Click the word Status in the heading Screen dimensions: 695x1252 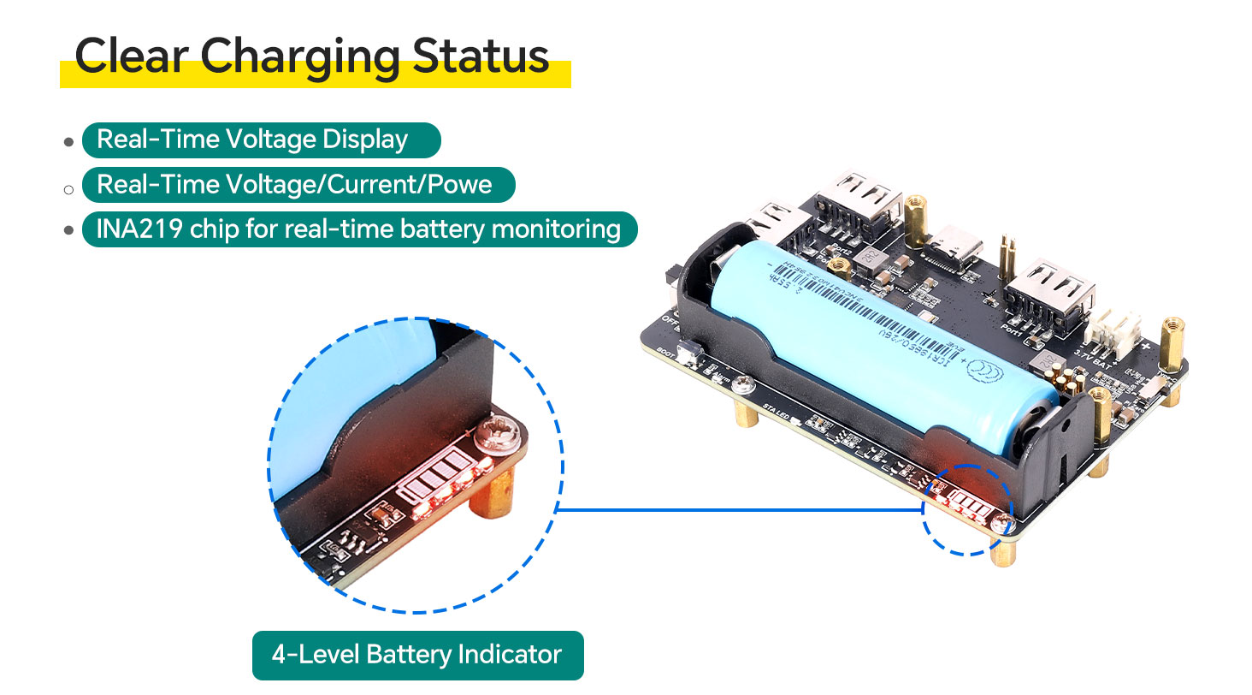click(x=481, y=56)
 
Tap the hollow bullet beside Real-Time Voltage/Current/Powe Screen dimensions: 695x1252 click(x=69, y=187)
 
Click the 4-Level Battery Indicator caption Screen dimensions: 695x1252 click(x=417, y=656)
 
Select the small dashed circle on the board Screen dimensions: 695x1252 click(x=967, y=510)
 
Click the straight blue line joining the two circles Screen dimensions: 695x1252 click(x=740, y=510)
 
